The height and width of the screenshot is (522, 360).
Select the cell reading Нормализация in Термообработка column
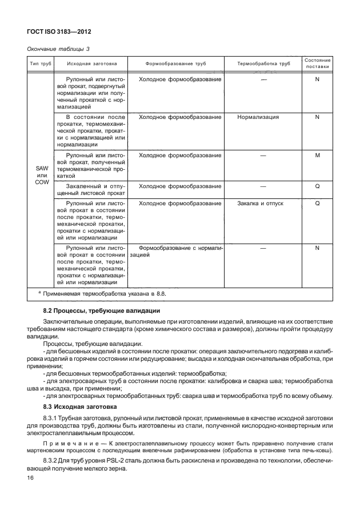pos(258,117)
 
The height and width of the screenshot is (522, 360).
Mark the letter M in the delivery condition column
pos(317,155)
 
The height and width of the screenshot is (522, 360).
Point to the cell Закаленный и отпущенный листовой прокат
pos(91,189)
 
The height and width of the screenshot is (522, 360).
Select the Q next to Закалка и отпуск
pos(317,203)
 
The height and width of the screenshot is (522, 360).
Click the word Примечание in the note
pos(69,444)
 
